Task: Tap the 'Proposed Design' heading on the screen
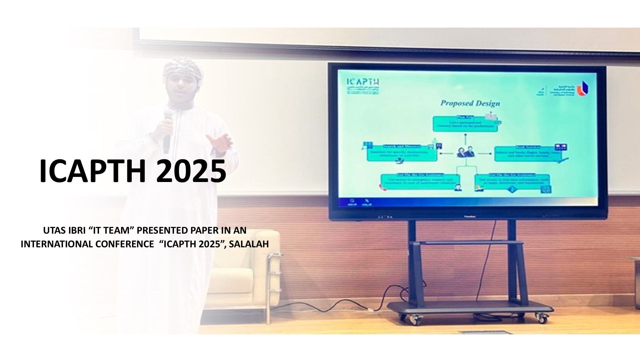470,103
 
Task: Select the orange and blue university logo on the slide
582,87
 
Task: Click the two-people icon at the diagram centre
466,153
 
